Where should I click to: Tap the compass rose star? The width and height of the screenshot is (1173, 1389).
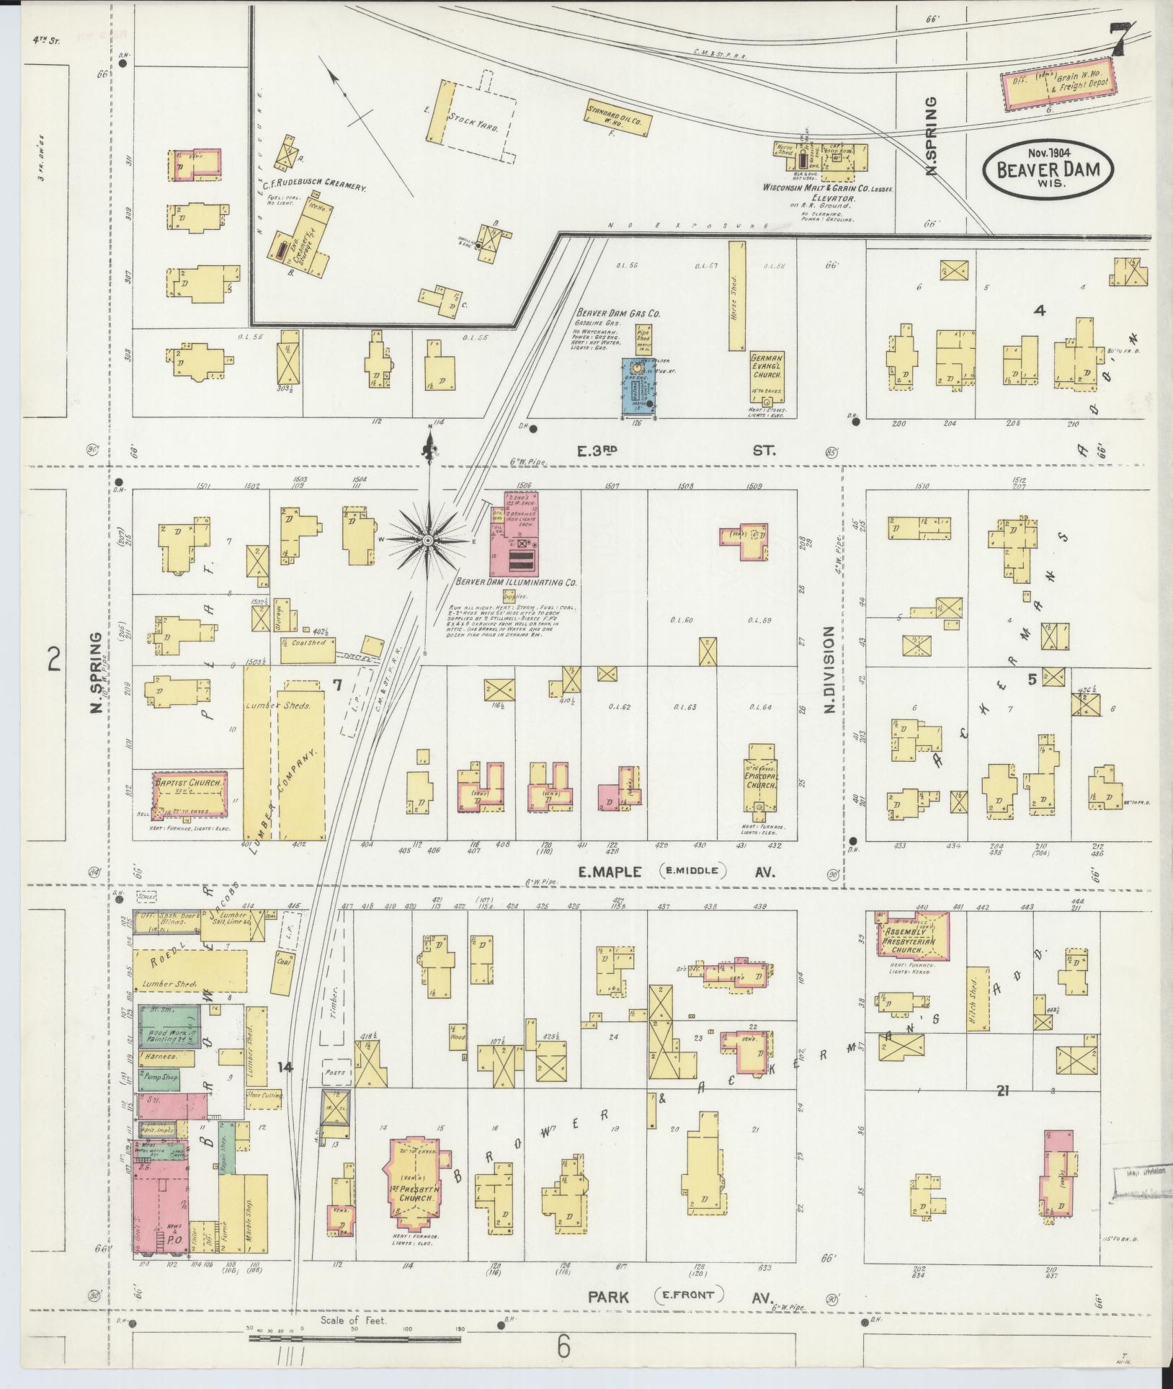[428, 540]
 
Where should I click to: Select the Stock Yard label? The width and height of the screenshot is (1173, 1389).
[473, 121]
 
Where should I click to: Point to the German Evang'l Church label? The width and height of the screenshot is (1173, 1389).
[767, 366]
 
